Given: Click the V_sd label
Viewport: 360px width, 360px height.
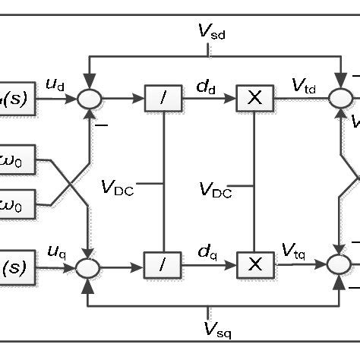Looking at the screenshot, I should click(211, 31).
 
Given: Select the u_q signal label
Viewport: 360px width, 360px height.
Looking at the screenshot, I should click(55, 251).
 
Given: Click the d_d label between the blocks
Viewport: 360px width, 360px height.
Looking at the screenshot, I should click(205, 86).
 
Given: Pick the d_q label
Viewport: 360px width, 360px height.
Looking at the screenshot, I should click(205, 250).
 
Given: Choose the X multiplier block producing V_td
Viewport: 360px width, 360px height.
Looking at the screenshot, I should click(254, 98).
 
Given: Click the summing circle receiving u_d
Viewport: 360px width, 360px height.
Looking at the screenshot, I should click(90, 99).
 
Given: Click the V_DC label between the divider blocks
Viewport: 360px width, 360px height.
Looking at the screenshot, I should click(118, 188).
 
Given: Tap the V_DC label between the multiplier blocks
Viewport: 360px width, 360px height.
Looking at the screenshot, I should click(216, 189).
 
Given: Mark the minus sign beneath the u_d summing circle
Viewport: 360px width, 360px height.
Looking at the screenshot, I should click(102, 123).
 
